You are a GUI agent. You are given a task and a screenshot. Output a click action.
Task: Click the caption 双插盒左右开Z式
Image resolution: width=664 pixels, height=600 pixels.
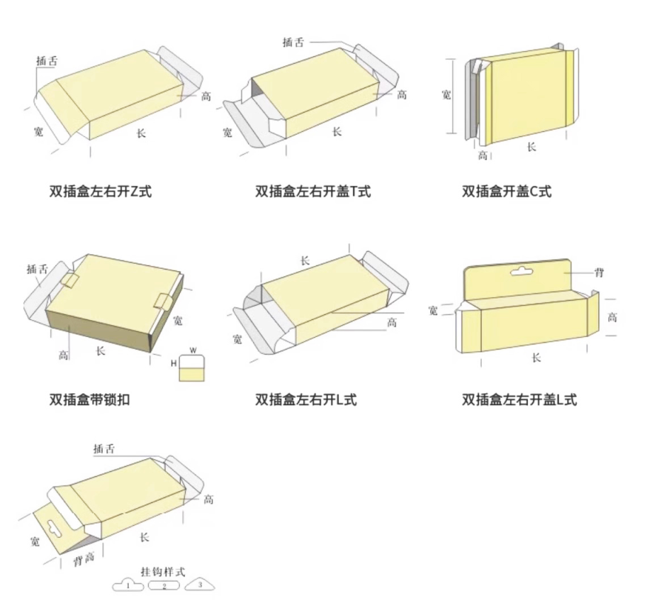100,192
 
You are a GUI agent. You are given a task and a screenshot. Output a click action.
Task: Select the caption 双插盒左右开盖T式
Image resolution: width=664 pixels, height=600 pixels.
313,192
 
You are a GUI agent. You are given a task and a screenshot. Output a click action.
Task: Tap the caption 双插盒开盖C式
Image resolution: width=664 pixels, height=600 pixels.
507,192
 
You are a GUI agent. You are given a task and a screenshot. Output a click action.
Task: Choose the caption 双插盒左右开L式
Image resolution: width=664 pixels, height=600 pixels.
306,400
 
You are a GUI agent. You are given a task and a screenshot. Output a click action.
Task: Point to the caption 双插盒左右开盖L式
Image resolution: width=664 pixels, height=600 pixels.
520,400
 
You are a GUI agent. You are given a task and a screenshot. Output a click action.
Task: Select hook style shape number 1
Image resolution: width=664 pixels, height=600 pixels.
128,586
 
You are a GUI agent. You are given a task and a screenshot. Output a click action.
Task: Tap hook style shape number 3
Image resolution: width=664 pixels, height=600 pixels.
198,585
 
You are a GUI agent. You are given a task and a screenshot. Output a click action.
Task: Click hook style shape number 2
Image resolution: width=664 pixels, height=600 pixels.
164,586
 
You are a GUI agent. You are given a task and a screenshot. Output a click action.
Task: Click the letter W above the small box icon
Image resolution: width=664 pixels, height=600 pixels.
192,350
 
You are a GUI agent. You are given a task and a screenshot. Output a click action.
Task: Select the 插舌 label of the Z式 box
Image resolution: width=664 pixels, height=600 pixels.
47,62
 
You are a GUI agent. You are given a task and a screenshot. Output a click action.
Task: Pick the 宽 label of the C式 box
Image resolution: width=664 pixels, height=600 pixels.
446,94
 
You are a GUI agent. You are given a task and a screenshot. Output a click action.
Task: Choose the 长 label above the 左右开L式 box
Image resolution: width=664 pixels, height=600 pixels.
304,260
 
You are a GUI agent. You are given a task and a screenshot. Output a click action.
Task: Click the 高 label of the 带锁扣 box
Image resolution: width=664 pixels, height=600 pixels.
64,355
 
